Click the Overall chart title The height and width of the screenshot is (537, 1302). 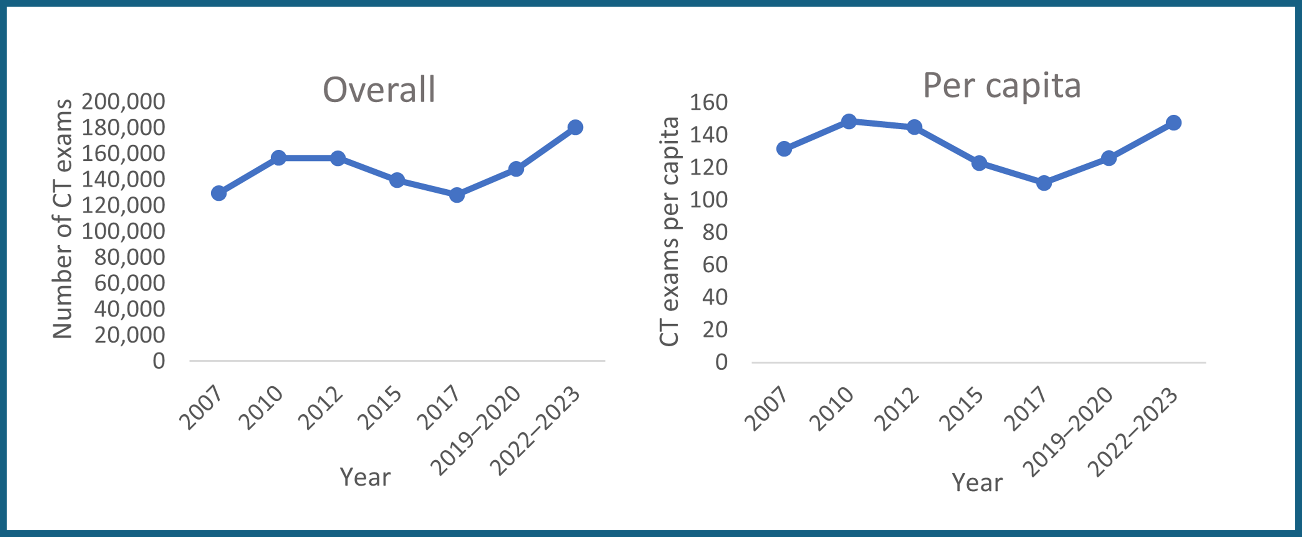pos(379,90)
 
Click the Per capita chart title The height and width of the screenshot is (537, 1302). pos(1002,86)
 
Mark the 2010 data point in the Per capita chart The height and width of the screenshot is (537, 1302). pos(849,121)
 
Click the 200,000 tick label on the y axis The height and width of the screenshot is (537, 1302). pos(123,102)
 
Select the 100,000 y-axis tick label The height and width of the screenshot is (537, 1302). pos(123,231)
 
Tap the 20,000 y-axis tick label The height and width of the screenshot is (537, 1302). pos(129,335)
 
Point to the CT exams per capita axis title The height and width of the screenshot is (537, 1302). pos(669,232)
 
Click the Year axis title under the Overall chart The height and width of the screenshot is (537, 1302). pos(365,477)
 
